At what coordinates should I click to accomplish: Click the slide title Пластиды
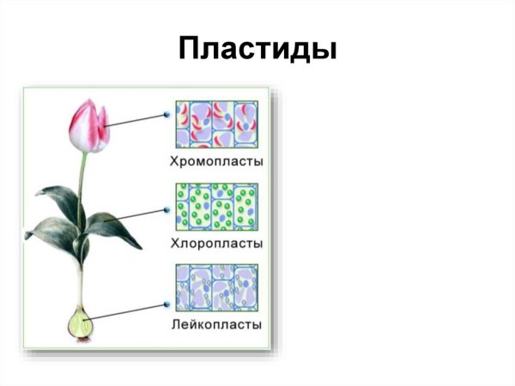point(257,48)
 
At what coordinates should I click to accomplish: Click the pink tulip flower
point(89,127)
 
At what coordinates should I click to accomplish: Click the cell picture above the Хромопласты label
point(216,126)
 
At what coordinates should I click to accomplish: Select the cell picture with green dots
point(216,208)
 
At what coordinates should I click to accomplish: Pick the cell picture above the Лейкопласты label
point(216,289)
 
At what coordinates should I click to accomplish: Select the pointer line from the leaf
point(137,214)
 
